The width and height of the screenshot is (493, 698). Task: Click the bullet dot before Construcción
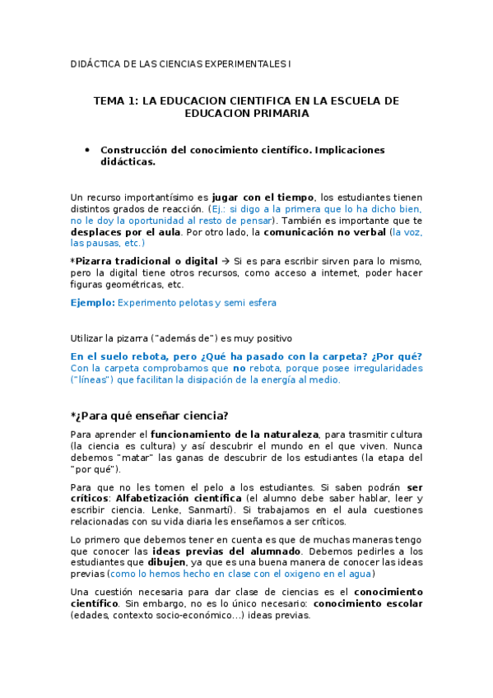(x=86, y=150)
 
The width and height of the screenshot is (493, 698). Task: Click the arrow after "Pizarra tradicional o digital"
(x=226, y=261)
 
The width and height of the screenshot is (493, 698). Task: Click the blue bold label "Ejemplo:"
(x=92, y=303)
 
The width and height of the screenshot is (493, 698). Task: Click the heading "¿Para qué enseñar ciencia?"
(x=149, y=414)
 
